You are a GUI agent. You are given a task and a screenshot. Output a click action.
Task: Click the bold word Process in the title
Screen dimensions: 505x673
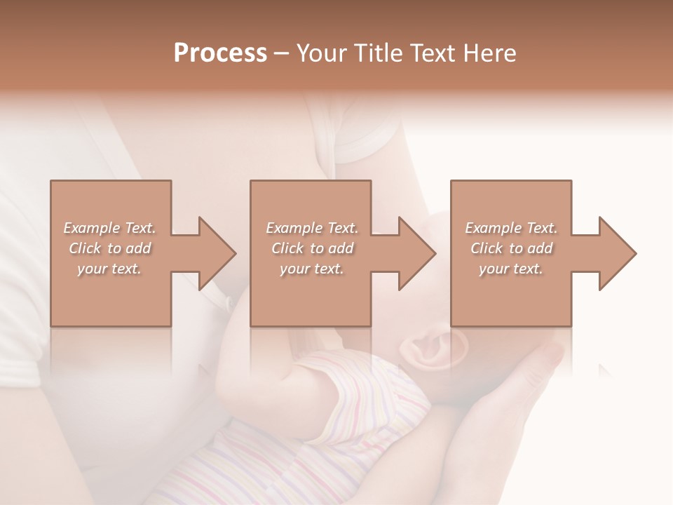point(220,53)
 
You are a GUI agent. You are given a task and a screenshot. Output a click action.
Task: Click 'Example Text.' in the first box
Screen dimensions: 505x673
point(109,228)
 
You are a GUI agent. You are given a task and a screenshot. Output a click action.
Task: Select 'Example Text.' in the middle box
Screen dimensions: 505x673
point(312,228)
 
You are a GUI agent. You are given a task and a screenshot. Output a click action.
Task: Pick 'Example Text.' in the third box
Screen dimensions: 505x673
point(511,228)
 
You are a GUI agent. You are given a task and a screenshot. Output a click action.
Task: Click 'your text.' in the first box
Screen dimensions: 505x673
point(109,269)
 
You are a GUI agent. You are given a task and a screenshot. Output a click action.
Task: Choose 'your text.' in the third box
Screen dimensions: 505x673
point(511,269)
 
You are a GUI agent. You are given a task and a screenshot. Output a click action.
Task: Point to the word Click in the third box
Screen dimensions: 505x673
point(487,248)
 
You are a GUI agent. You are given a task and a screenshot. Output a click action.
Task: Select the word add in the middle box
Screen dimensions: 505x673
point(341,248)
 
